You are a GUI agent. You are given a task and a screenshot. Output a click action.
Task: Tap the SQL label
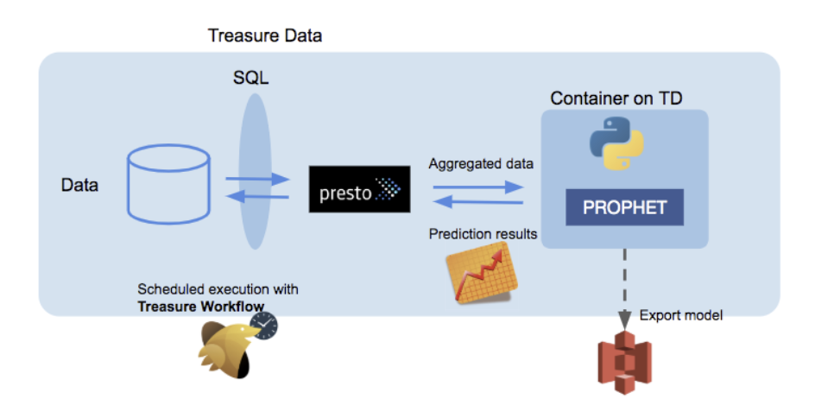click(x=250, y=79)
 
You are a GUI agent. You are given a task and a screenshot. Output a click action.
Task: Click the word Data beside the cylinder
click(x=79, y=186)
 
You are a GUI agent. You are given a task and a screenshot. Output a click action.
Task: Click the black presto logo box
click(x=359, y=189)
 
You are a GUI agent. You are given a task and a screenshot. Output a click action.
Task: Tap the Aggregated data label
click(x=481, y=162)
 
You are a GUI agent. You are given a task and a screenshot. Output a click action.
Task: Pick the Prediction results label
click(x=483, y=234)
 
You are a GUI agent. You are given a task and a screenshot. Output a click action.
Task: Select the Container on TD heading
click(x=616, y=98)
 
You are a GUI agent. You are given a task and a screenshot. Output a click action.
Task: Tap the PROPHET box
click(x=625, y=207)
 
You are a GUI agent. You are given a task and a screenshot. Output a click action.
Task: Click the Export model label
click(x=680, y=315)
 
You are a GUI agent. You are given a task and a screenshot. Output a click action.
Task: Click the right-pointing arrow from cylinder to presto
click(x=257, y=180)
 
